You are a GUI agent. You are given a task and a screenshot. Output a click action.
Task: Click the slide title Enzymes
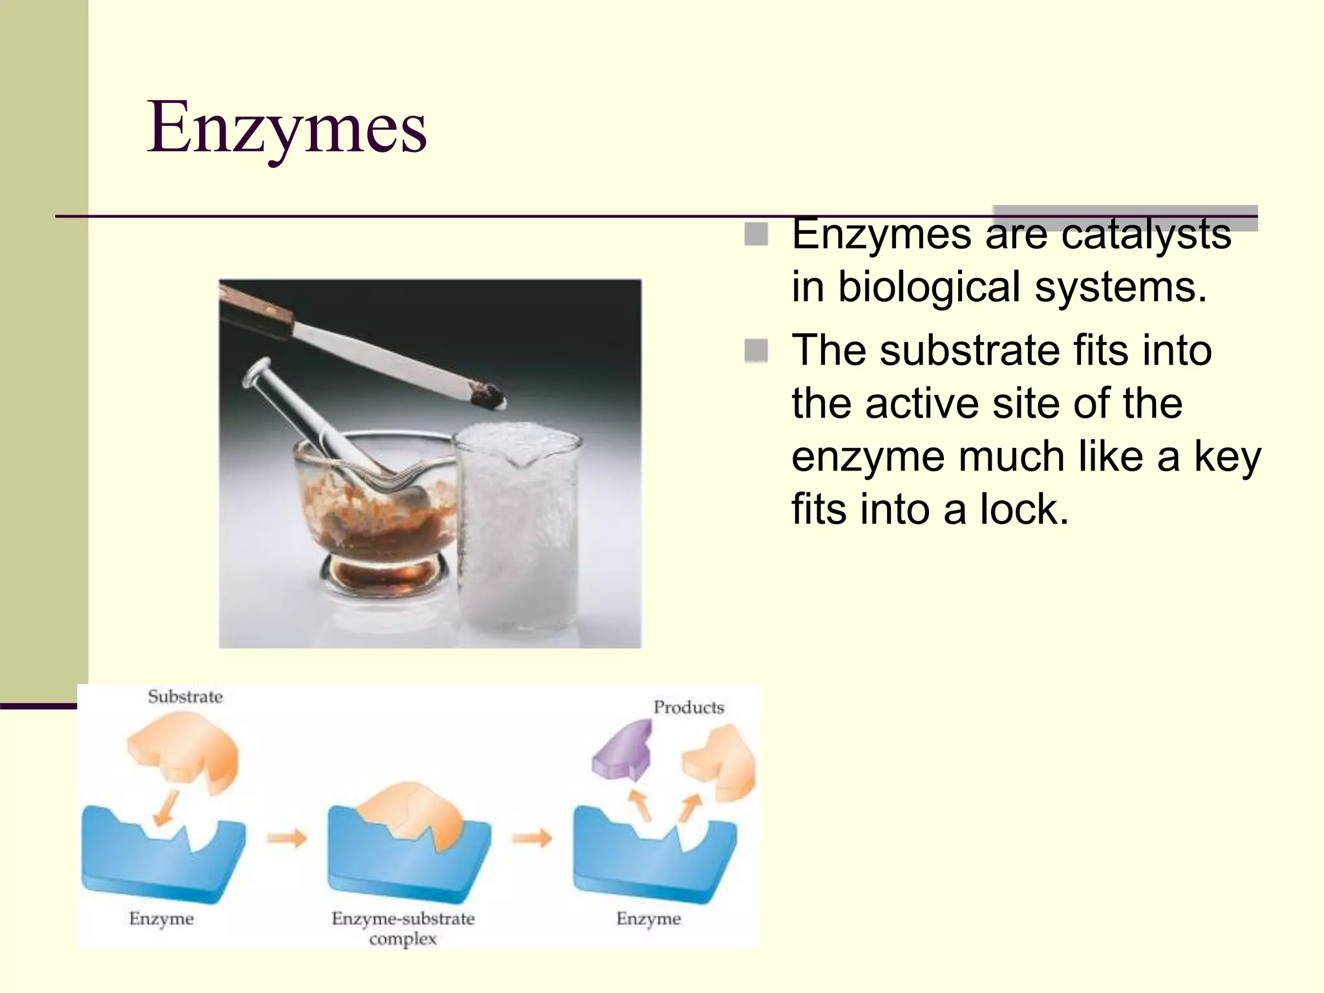[x=286, y=127]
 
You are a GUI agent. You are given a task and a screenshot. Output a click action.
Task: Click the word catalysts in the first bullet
[x=1146, y=233]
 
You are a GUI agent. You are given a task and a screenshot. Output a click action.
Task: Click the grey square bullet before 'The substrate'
[x=756, y=351]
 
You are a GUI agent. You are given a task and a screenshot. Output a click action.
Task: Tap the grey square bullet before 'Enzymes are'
[x=756, y=234]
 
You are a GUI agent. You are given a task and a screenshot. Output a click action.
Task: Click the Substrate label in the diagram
[x=185, y=697]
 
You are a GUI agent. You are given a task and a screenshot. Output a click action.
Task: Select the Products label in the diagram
[x=688, y=707]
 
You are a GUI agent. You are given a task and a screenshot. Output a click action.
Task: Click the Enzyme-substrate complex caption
[x=403, y=928]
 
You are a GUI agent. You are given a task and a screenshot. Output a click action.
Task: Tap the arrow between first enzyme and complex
[x=286, y=838]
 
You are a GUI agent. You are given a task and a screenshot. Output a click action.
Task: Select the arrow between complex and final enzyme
[x=531, y=838]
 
